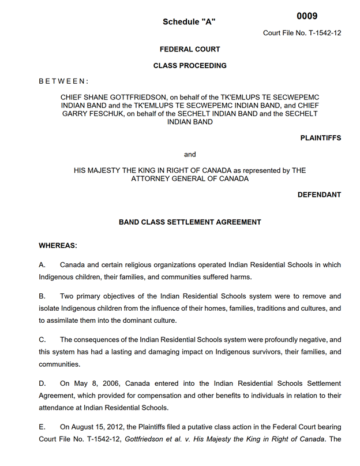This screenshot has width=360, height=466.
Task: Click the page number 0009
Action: pos(307,16)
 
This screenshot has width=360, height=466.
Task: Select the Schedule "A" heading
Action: pos(189,22)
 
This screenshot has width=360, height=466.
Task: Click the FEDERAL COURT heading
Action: pos(190,50)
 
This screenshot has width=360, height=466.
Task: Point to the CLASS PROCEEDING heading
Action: pos(190,66)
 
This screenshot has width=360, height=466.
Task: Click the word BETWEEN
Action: pos(63,81)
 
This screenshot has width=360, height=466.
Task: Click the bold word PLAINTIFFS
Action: pos(321,138)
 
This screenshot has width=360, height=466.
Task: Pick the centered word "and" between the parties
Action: pos(190,154)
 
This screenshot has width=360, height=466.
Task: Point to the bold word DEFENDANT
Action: pos(319,195)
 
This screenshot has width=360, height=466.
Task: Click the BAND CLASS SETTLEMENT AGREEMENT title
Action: pos(190,222)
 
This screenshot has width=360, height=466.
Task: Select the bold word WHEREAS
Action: pos(58,245)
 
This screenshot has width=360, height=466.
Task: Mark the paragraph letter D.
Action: pos(42,383)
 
